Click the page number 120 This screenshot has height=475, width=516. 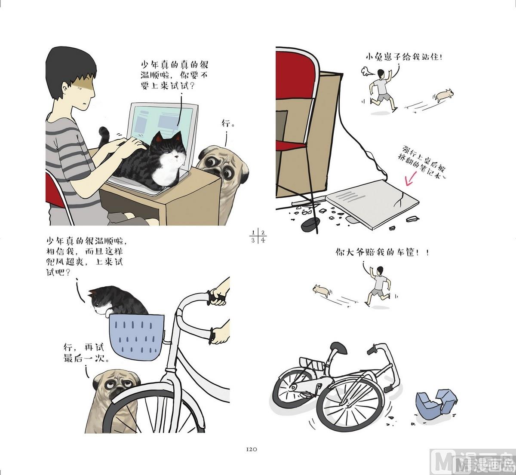point(251,449)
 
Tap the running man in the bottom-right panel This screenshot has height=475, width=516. point(378,286)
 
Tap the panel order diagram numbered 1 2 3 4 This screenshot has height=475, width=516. point(258,236)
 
